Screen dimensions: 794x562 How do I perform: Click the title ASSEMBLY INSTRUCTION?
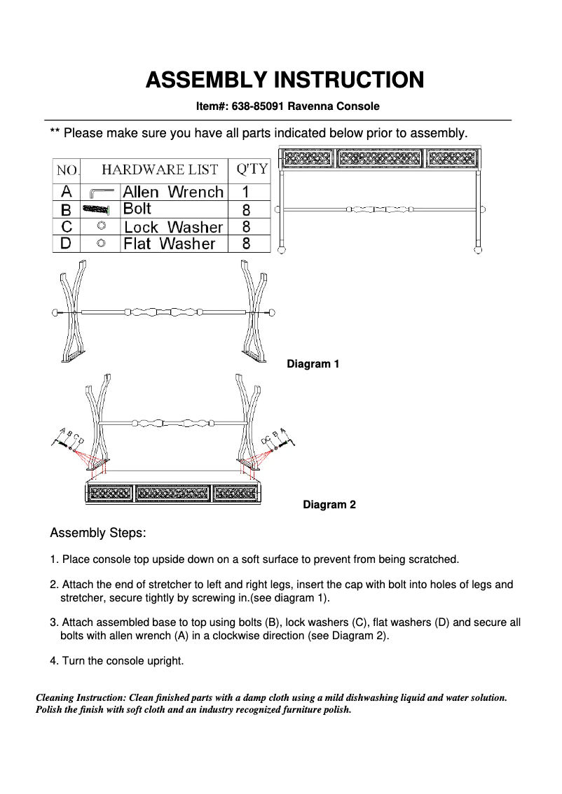click(x=285, y=80)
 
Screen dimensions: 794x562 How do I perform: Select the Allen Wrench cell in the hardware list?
click(x=173, y=192)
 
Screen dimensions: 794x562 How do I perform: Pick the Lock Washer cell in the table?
click(x=173, y=227)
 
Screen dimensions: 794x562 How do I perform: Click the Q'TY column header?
click(x=251, y=169)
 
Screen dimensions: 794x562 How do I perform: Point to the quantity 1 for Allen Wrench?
click(x=246, y=192)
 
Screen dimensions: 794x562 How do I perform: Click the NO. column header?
click(x=67, y=169)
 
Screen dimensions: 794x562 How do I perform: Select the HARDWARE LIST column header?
click(x=160, y=169)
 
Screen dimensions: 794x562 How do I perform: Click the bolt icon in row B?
click(x=97, y=209)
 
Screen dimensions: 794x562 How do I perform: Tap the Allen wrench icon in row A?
click(x=100, y=193)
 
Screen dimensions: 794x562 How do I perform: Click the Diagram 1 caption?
click(x=313, y=364)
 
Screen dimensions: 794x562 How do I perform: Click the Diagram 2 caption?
click(x=329, y=505)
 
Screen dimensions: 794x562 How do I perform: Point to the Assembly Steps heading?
click(x=98, y=534)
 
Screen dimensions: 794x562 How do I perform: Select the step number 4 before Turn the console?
click(x=53, y=661)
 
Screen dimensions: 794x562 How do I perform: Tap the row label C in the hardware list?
click(x=67, y=227)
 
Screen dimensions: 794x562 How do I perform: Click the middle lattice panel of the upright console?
click(x=380, y=158)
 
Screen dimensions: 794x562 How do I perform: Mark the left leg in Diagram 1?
click(x=72, y=312)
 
